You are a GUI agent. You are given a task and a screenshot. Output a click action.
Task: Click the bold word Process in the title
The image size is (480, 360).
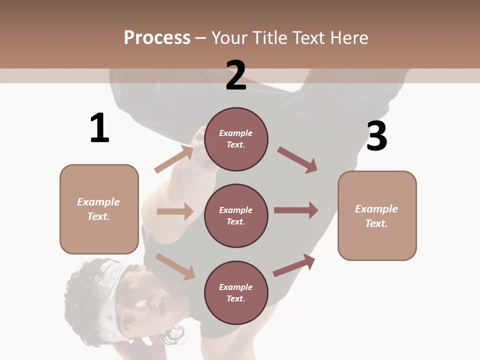pos(157,37)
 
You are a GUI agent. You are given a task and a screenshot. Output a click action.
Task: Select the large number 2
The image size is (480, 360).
pos(236,75)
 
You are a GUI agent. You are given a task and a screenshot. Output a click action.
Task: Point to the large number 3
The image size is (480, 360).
pos(376,136)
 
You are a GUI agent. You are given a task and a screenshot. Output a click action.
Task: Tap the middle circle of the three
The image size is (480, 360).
pos(236,215)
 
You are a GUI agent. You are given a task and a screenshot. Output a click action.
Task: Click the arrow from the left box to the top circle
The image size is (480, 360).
pos(174,159)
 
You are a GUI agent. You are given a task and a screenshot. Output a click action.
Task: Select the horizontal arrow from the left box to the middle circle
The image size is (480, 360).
pos(175,211)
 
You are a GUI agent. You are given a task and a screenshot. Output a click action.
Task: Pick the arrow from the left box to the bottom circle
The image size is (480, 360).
pos(175,266)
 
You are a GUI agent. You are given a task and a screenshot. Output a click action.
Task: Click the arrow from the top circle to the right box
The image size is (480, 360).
pos(297,159)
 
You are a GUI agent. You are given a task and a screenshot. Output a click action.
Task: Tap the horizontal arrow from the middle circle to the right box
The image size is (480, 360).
pos(296,210)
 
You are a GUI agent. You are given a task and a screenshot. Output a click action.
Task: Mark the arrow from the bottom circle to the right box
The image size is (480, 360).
pos(294,265)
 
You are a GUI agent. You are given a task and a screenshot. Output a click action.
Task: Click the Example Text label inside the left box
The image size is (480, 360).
pos(98,209)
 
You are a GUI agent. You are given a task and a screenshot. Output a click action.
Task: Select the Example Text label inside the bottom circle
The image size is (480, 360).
pos(236,292)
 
